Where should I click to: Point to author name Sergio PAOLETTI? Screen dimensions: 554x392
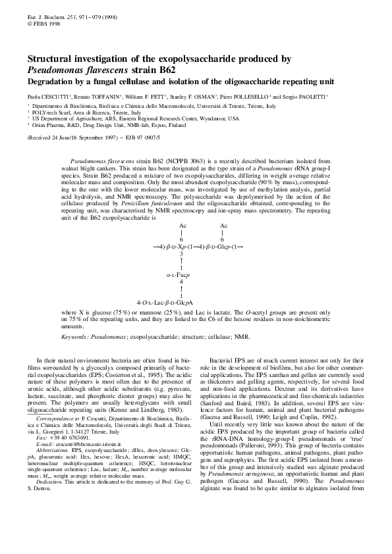tap(308, 97)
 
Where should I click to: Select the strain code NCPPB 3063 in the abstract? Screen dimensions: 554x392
tap(186, 160)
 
